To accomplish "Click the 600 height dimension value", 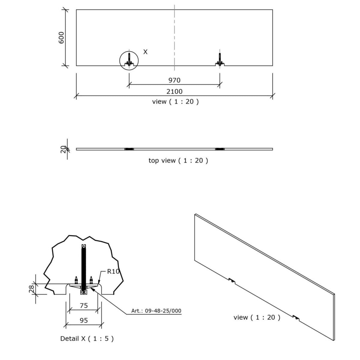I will click(61, 37).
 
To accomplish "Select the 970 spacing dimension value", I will click(174, 80).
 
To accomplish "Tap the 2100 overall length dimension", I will click(174, 91).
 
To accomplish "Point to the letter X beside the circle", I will click(145, 52).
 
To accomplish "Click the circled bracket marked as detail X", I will click(129, 60).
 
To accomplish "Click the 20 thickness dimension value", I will click(63, 149).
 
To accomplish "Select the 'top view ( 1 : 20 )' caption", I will click(178, 160).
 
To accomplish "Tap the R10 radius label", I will click(113, 272).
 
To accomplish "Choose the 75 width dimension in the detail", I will click(84, 305).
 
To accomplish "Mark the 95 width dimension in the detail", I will click(84, 320).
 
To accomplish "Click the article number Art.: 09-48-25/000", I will click(156, 311).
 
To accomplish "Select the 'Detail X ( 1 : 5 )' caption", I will click(87, 339).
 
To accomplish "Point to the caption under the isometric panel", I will click(257, 317).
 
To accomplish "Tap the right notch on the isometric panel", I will click(296, 317).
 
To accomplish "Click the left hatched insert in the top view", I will click(129, 149).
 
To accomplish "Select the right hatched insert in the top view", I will click(220, 149).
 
